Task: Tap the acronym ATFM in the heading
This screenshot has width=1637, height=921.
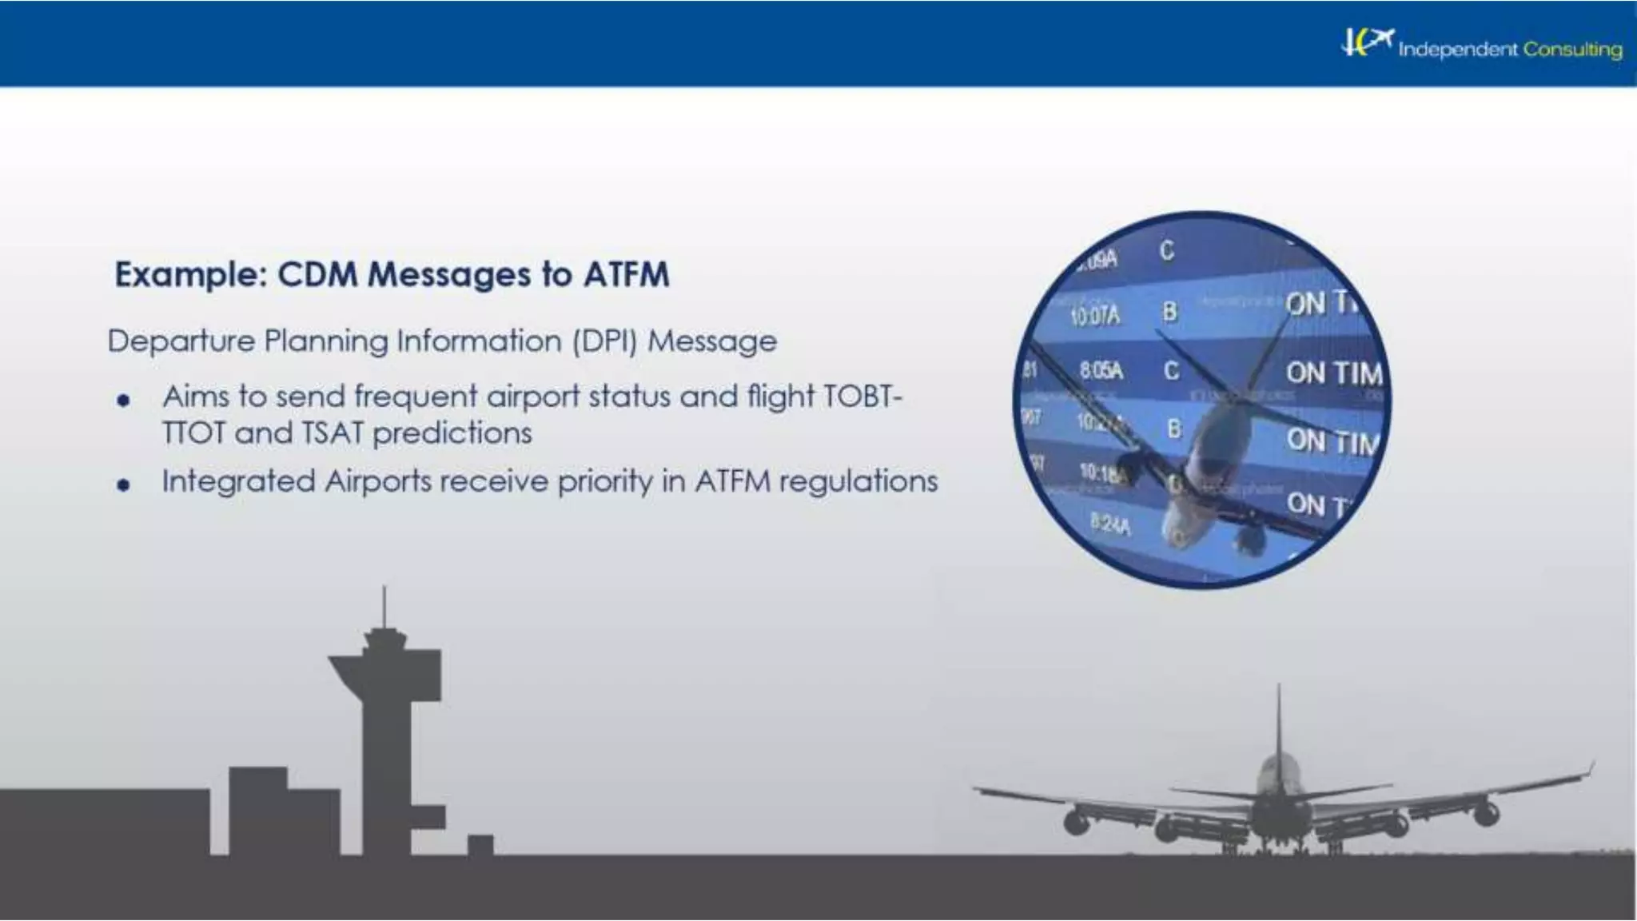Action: pos(626,275)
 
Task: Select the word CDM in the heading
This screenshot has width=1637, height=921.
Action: pos(317,275)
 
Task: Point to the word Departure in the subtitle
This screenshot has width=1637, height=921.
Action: pos(180,341)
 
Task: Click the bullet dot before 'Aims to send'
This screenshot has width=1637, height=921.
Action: pos(122,400)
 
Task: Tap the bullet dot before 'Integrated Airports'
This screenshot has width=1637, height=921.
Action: pos(122,484)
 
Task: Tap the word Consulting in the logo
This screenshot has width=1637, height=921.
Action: pos(1571,50)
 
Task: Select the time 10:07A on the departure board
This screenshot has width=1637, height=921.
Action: pos(1094,317)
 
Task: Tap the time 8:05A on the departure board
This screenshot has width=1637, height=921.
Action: pos(1101,371)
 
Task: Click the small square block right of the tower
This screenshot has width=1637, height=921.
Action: pos(480,845)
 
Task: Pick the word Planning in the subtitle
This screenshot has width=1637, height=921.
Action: pos(326,341)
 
